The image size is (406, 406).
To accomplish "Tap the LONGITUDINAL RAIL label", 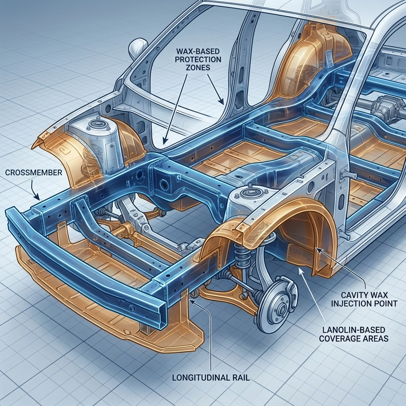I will (x=211, y=377).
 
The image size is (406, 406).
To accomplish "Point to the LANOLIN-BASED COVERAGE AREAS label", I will (x=354, y=334).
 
